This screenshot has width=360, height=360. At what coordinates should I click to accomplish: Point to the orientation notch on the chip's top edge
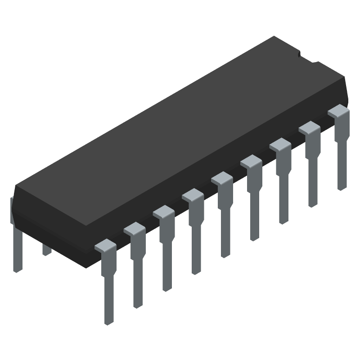click(x=299, y=54)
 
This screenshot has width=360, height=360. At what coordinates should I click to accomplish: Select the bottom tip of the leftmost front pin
click(x=108, y=321)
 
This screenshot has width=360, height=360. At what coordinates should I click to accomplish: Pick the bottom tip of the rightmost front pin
click(x=342, y=187)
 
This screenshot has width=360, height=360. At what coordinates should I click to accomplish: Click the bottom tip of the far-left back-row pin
click(x=17, y=269)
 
